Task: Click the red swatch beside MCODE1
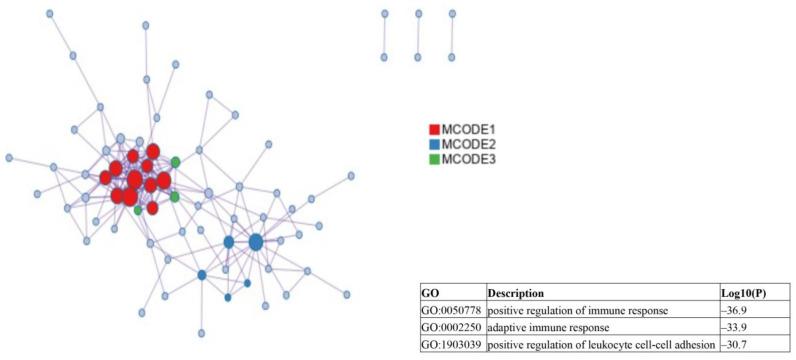pyautogui.click(x=434, y=130)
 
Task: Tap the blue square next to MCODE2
pyautogui.click(x=434, y=144)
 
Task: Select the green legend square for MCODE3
pyautogui.click(x=434, y=159)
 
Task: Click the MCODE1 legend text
pyautogui.click(x=469, y=130)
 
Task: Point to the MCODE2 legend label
pyautogui.click(x=469, y=144)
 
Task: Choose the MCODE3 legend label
pyautogui.click(x=469, y=159)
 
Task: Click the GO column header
pyautogui.click(x=430, y=294)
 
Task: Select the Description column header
pyautogui.click(x=516, y=294)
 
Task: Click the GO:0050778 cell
pyautogui.click(x=451, y=311)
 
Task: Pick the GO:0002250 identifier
pyautogui.click(x=451, y=327)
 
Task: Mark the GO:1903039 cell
pyautogui.click(x=451, y=343)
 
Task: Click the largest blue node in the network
pyautogui.click(x=256, y=242)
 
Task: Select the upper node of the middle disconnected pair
pyautogui.click(x=418, y=13)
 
